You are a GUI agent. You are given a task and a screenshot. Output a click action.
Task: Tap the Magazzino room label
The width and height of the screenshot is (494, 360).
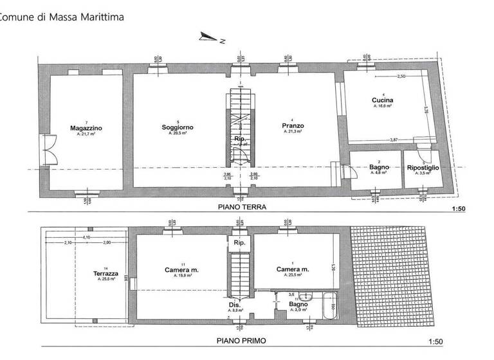click(86, 129)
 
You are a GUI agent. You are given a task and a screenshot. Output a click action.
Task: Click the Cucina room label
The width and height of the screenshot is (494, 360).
click(383, 101)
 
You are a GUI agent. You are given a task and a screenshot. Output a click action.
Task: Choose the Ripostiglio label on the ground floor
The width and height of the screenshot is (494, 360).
click(423, 168)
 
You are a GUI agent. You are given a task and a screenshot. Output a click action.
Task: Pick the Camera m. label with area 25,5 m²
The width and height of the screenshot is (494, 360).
click(293, 269)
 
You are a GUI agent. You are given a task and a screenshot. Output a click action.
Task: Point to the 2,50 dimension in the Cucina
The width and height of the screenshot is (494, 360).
click(401, 76)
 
